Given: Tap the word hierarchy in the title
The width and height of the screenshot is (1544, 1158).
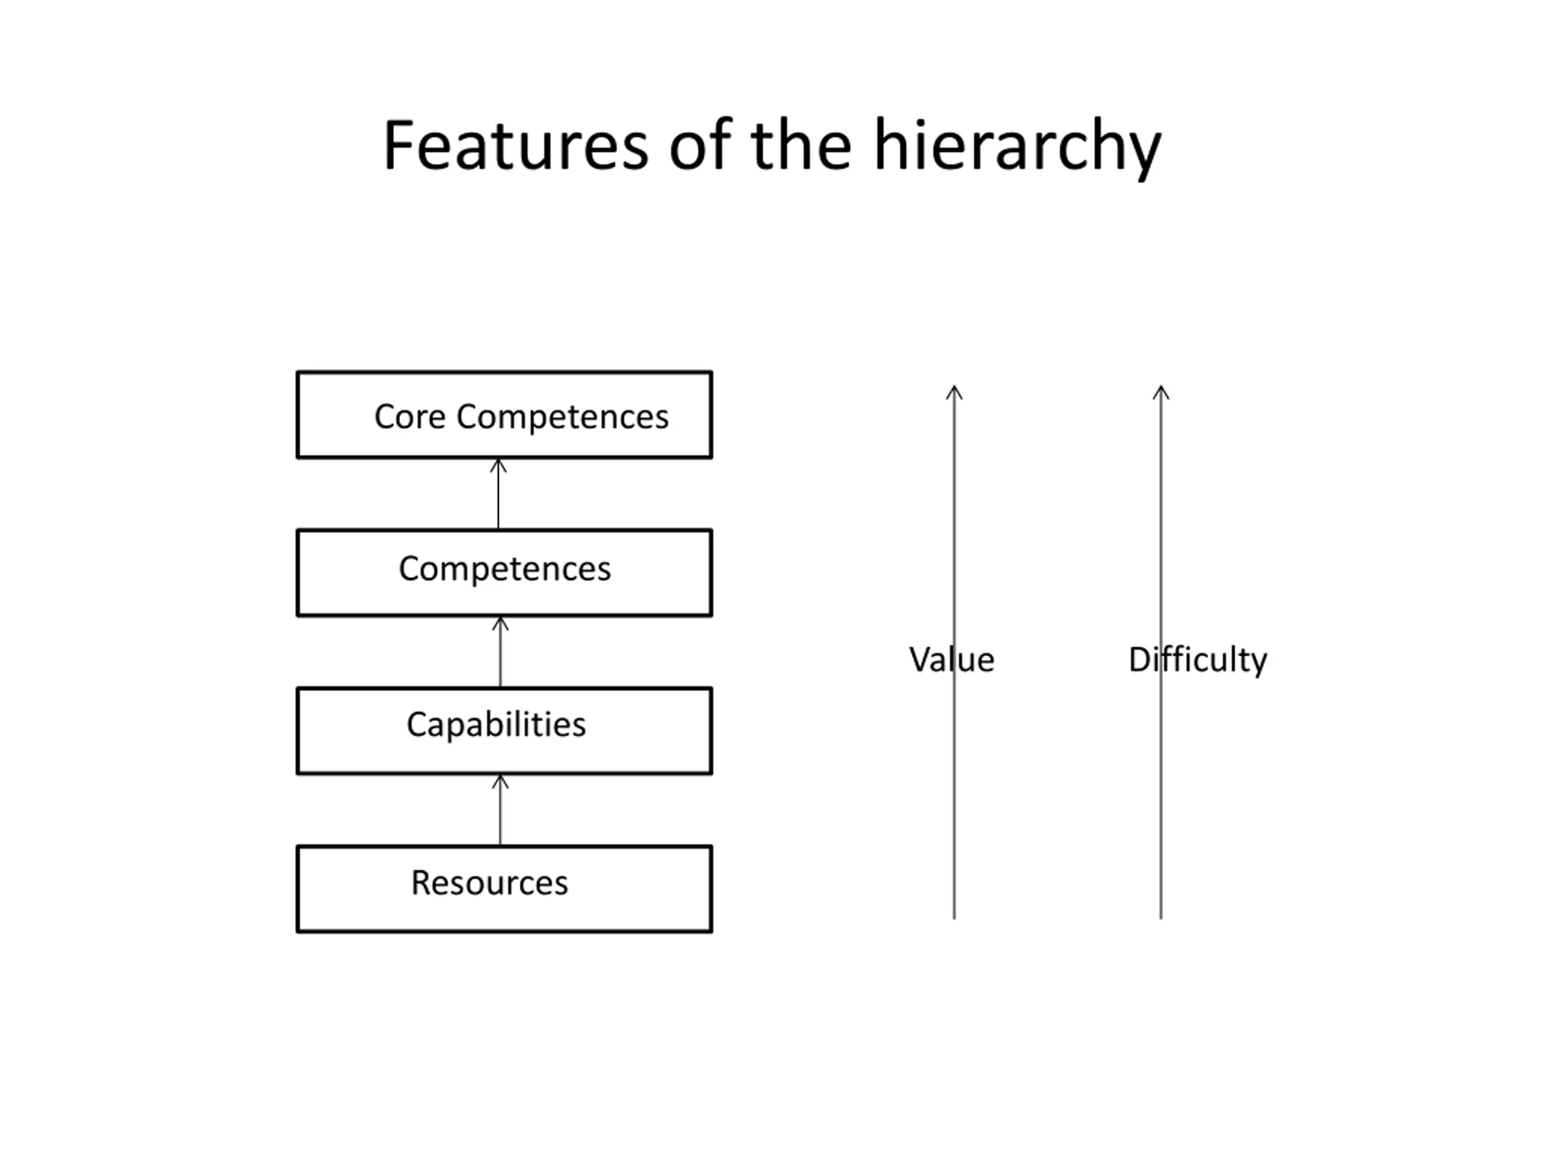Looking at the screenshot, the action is [x=1017, y=147].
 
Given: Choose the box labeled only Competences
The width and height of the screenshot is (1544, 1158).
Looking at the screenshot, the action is [x=504, y=572].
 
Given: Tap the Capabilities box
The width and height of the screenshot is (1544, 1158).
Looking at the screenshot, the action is [x=504, y=730].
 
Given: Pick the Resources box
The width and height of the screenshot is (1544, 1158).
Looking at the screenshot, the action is [x=504, y=888].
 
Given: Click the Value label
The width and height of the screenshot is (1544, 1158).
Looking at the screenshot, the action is [x=951, y=660].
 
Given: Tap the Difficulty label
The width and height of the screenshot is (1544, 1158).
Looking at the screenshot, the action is [x=1197, y=660].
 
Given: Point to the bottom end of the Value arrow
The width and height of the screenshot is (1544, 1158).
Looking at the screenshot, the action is [x=954, y=917].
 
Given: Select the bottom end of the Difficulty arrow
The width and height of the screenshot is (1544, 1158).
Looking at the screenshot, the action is [x=1161, y=917].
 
